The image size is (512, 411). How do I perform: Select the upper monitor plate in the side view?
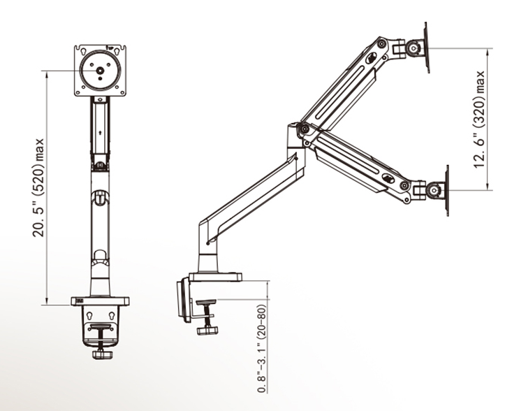click(425, 47)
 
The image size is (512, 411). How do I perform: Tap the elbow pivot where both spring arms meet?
click(302, 131)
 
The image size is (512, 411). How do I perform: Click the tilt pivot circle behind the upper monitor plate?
click(414, 48)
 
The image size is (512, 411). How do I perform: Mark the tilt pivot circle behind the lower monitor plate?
click(433, 189)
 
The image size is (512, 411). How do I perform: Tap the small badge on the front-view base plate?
click(76, 301)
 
